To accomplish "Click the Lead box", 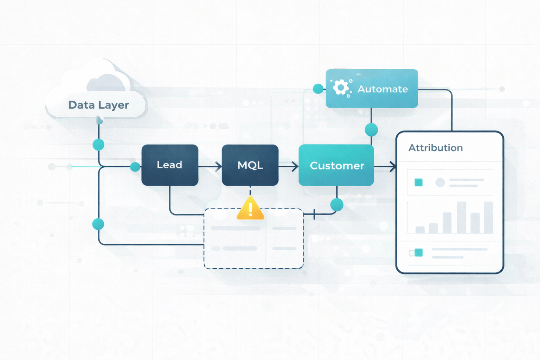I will coord(170,165).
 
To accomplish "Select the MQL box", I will coord(250,165).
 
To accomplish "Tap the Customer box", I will coord(336,165).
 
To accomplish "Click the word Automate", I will coord(382,89).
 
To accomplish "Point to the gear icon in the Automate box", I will coord(340,87).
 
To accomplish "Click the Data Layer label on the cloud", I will coord(98,105).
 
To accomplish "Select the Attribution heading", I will coord(435,148).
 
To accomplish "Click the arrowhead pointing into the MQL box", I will coord(219,166).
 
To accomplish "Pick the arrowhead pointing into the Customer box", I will coord(295,166).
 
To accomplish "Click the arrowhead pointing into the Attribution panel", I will coord(393,167).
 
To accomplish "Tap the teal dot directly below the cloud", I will coord(98,144).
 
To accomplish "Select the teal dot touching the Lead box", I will coord(135,167).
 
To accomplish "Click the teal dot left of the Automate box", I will coord(318,89).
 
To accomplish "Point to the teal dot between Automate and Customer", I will coord(371,130).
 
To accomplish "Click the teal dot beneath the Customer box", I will coord(337,205).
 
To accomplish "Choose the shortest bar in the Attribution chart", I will coord(420,230).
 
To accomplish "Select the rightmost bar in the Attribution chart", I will coord(488,217).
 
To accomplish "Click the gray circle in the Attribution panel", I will coord(440,182).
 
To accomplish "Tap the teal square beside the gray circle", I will coord(418,182).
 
